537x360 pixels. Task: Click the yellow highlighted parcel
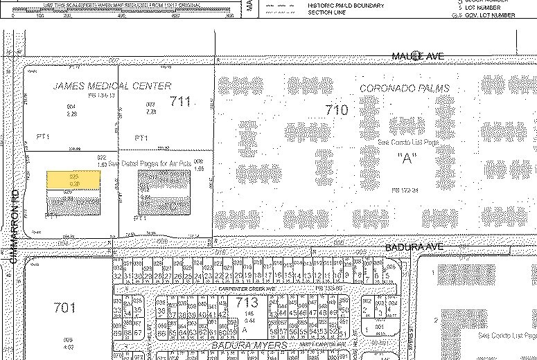(x=73, y=180)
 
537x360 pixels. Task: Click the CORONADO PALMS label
(x=405, y=89)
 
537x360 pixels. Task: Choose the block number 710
(x=336, y=109)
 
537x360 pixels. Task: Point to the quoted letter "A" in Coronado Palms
(x=405, y=158)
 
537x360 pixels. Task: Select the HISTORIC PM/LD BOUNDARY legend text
(x=346, y=6)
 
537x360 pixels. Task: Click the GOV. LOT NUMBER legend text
(x=490, y=15)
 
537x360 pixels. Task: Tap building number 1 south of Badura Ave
(x=434, y=273)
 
